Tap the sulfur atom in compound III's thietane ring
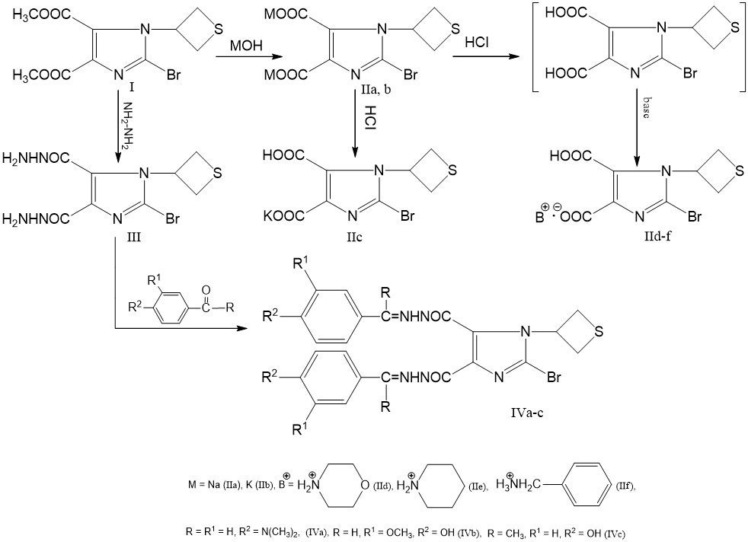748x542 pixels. pos(218,173)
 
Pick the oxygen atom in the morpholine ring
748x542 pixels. pos(364,486)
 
